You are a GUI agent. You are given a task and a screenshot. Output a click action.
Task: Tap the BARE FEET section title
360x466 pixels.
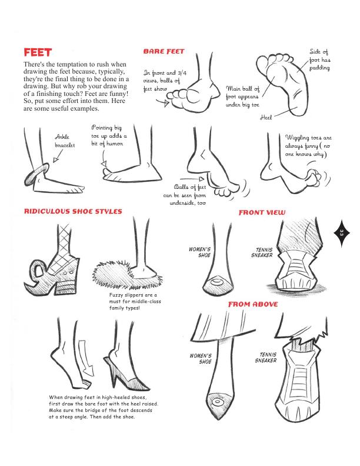pos(164,52)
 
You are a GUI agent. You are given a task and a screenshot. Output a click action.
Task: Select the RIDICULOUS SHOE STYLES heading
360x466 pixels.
pos(72,211)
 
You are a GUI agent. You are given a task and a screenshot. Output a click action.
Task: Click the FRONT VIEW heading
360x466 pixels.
pos(261,212)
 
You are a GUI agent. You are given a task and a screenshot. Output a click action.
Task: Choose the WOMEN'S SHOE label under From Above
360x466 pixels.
pos(201,359)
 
